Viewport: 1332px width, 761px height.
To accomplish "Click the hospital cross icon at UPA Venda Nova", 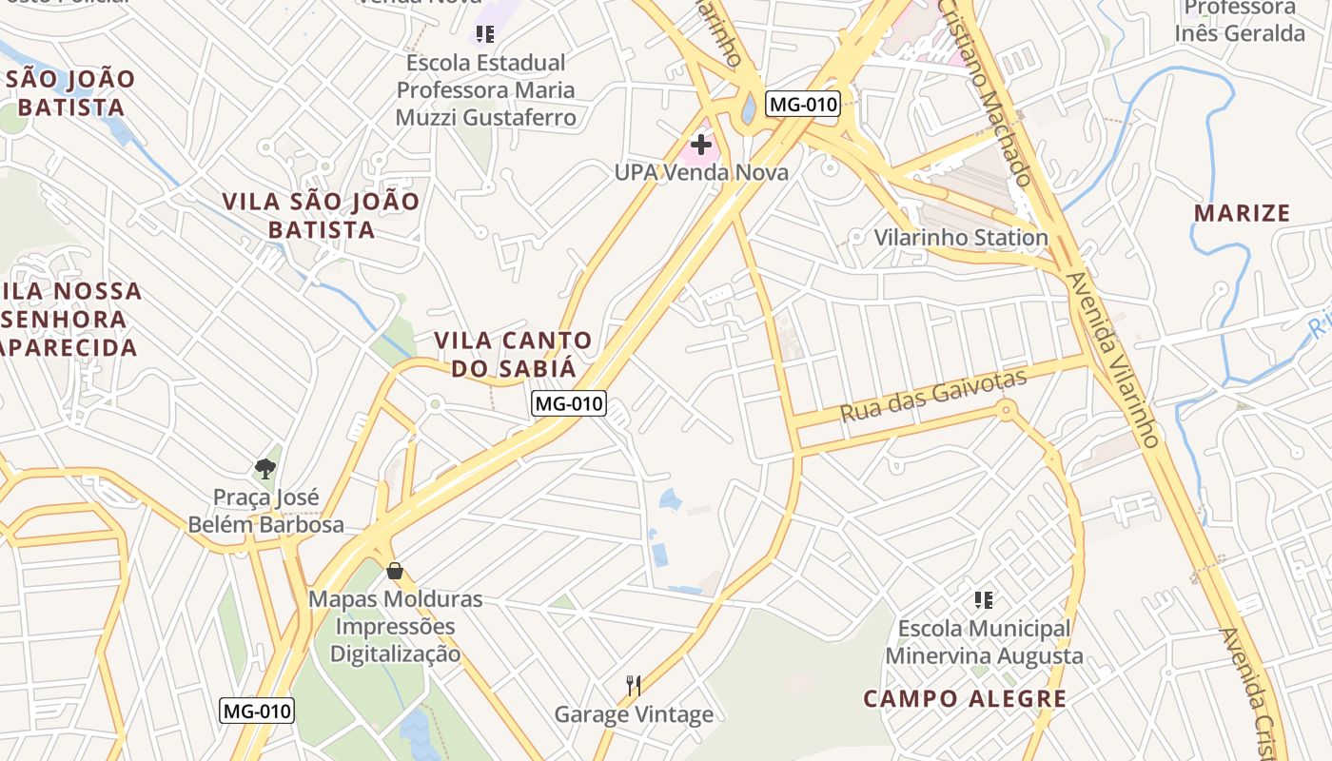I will (701, 145).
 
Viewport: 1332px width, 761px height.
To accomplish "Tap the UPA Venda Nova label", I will (701, 172).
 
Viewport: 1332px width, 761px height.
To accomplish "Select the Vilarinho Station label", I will (961, 237).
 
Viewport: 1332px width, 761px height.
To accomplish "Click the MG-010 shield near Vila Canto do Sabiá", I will (568, 403).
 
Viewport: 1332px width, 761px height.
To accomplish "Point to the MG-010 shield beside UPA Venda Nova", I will (804, 105).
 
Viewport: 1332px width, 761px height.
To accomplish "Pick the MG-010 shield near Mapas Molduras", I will (257, 711).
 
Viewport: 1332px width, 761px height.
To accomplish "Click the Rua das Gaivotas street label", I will (933, 397).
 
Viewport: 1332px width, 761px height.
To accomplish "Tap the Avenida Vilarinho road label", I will (1112, 361).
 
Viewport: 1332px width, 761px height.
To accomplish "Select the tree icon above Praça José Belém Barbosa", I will (265, 468).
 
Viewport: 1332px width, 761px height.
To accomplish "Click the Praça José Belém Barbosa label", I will (265, 511).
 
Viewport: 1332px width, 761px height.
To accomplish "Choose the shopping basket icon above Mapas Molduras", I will (395, 571).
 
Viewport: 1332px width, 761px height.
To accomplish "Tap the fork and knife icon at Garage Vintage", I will (633, 685).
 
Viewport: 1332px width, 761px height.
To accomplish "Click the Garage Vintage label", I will (634, 714).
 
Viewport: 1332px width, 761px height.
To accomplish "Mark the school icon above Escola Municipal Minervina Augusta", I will (984, 600).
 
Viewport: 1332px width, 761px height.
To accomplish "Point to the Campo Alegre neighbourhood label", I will (965, 699).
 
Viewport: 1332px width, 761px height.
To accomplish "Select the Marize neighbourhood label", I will (1243, 212).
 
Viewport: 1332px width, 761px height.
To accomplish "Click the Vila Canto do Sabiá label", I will (513, 354).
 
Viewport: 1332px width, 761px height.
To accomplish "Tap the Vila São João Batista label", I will (321, 215).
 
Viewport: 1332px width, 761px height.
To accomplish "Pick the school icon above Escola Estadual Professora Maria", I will (485, 35).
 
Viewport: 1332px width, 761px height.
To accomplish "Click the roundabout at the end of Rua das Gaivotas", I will (1006, 411).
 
